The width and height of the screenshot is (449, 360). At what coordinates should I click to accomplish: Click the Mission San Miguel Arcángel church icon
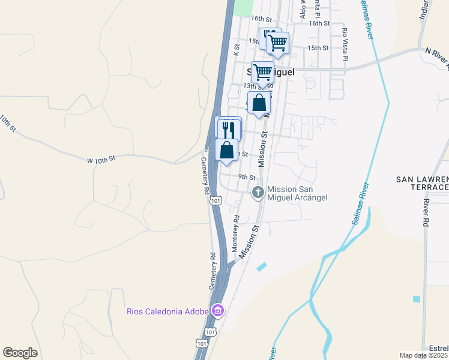coord(258,193)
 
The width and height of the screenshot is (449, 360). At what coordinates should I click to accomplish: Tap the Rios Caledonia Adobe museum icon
coord(217,311)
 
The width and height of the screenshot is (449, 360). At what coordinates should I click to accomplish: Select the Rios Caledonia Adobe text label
coord(167,311)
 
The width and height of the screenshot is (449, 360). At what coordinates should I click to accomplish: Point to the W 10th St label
coord(100,160)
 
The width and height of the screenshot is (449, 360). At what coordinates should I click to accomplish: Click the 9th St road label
coord(247,177)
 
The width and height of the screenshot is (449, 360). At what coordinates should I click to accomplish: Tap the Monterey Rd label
coord(236,227)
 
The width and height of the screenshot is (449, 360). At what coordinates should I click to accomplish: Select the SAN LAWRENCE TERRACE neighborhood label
coord(423,184)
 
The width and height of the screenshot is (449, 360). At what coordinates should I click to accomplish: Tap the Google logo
coord(20,353)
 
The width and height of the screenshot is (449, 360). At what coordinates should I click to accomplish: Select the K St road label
coord(237,46)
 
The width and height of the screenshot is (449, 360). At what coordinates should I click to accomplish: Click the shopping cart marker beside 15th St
coord(277,43)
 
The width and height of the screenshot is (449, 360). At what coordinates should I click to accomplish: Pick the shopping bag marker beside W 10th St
coord(226,150)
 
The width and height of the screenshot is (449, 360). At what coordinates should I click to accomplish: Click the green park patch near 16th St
coord(243,7)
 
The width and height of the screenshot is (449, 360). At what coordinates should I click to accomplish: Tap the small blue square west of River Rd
coord(417,299)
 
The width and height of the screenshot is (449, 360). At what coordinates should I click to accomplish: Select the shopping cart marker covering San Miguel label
coord(262,72)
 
